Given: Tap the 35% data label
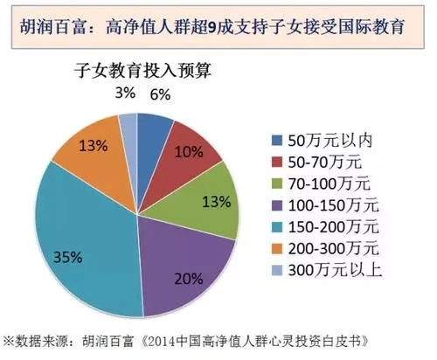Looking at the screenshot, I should coord(43,258).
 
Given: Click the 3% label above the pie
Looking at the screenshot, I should coord(125,92).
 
